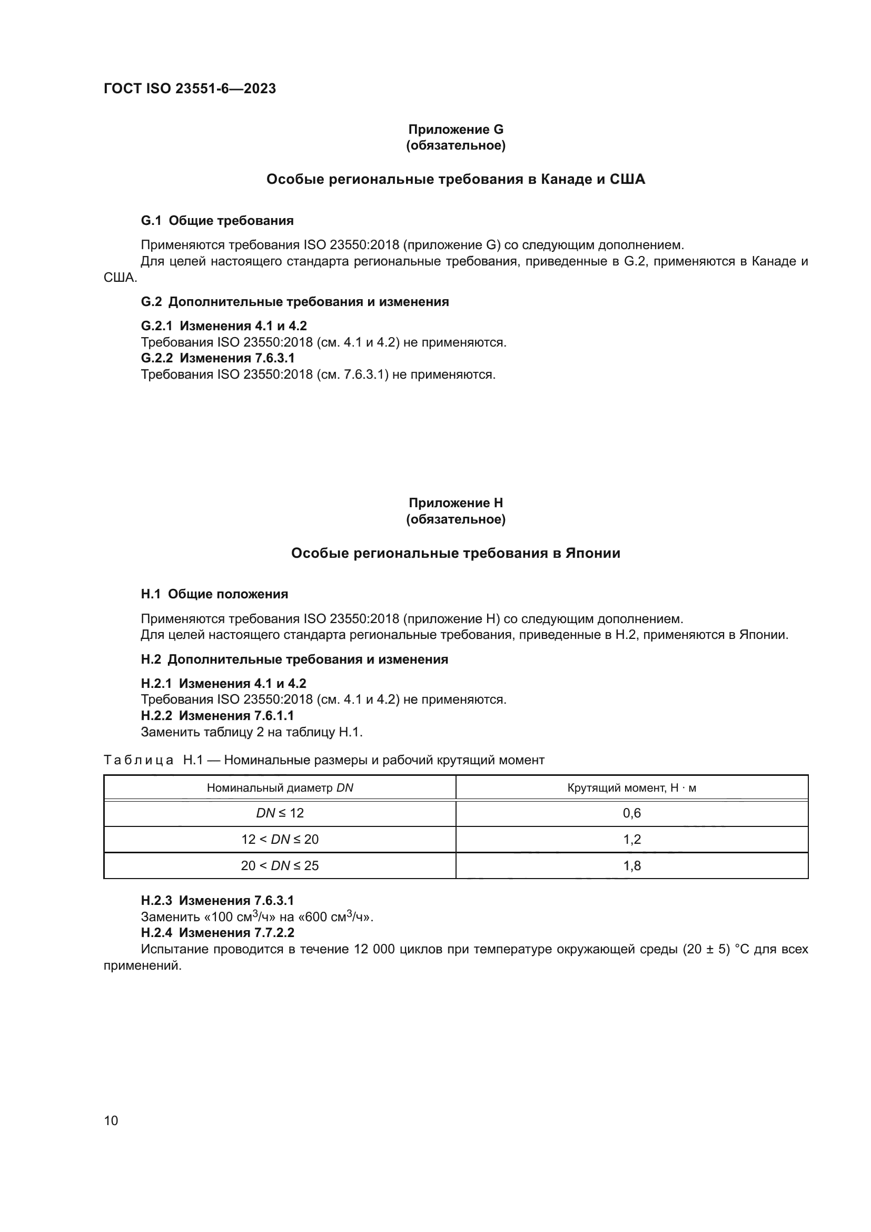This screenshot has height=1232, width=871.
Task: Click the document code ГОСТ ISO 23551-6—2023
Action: pos(190,88)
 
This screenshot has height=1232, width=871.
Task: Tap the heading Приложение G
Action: pos(456,130)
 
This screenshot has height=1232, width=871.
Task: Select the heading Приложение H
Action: pos(456,503)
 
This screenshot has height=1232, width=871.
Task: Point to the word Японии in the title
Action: pos(592,553)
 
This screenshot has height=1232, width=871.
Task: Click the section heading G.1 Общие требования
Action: pos(217,221)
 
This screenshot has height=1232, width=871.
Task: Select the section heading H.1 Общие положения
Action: pos(214,594)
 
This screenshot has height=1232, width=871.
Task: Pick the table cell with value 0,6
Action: pos(632,813)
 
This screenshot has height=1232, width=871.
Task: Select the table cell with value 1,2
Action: pos(632,839)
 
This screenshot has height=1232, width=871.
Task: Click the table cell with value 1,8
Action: pos(632,865)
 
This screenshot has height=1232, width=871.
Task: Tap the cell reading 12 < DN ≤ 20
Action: pos(280,839)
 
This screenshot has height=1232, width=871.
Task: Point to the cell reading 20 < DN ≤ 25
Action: pos(280,865)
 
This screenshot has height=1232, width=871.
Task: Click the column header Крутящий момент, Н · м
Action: pos(632,787)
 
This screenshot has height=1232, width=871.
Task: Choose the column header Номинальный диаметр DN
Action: pos(280,787)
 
